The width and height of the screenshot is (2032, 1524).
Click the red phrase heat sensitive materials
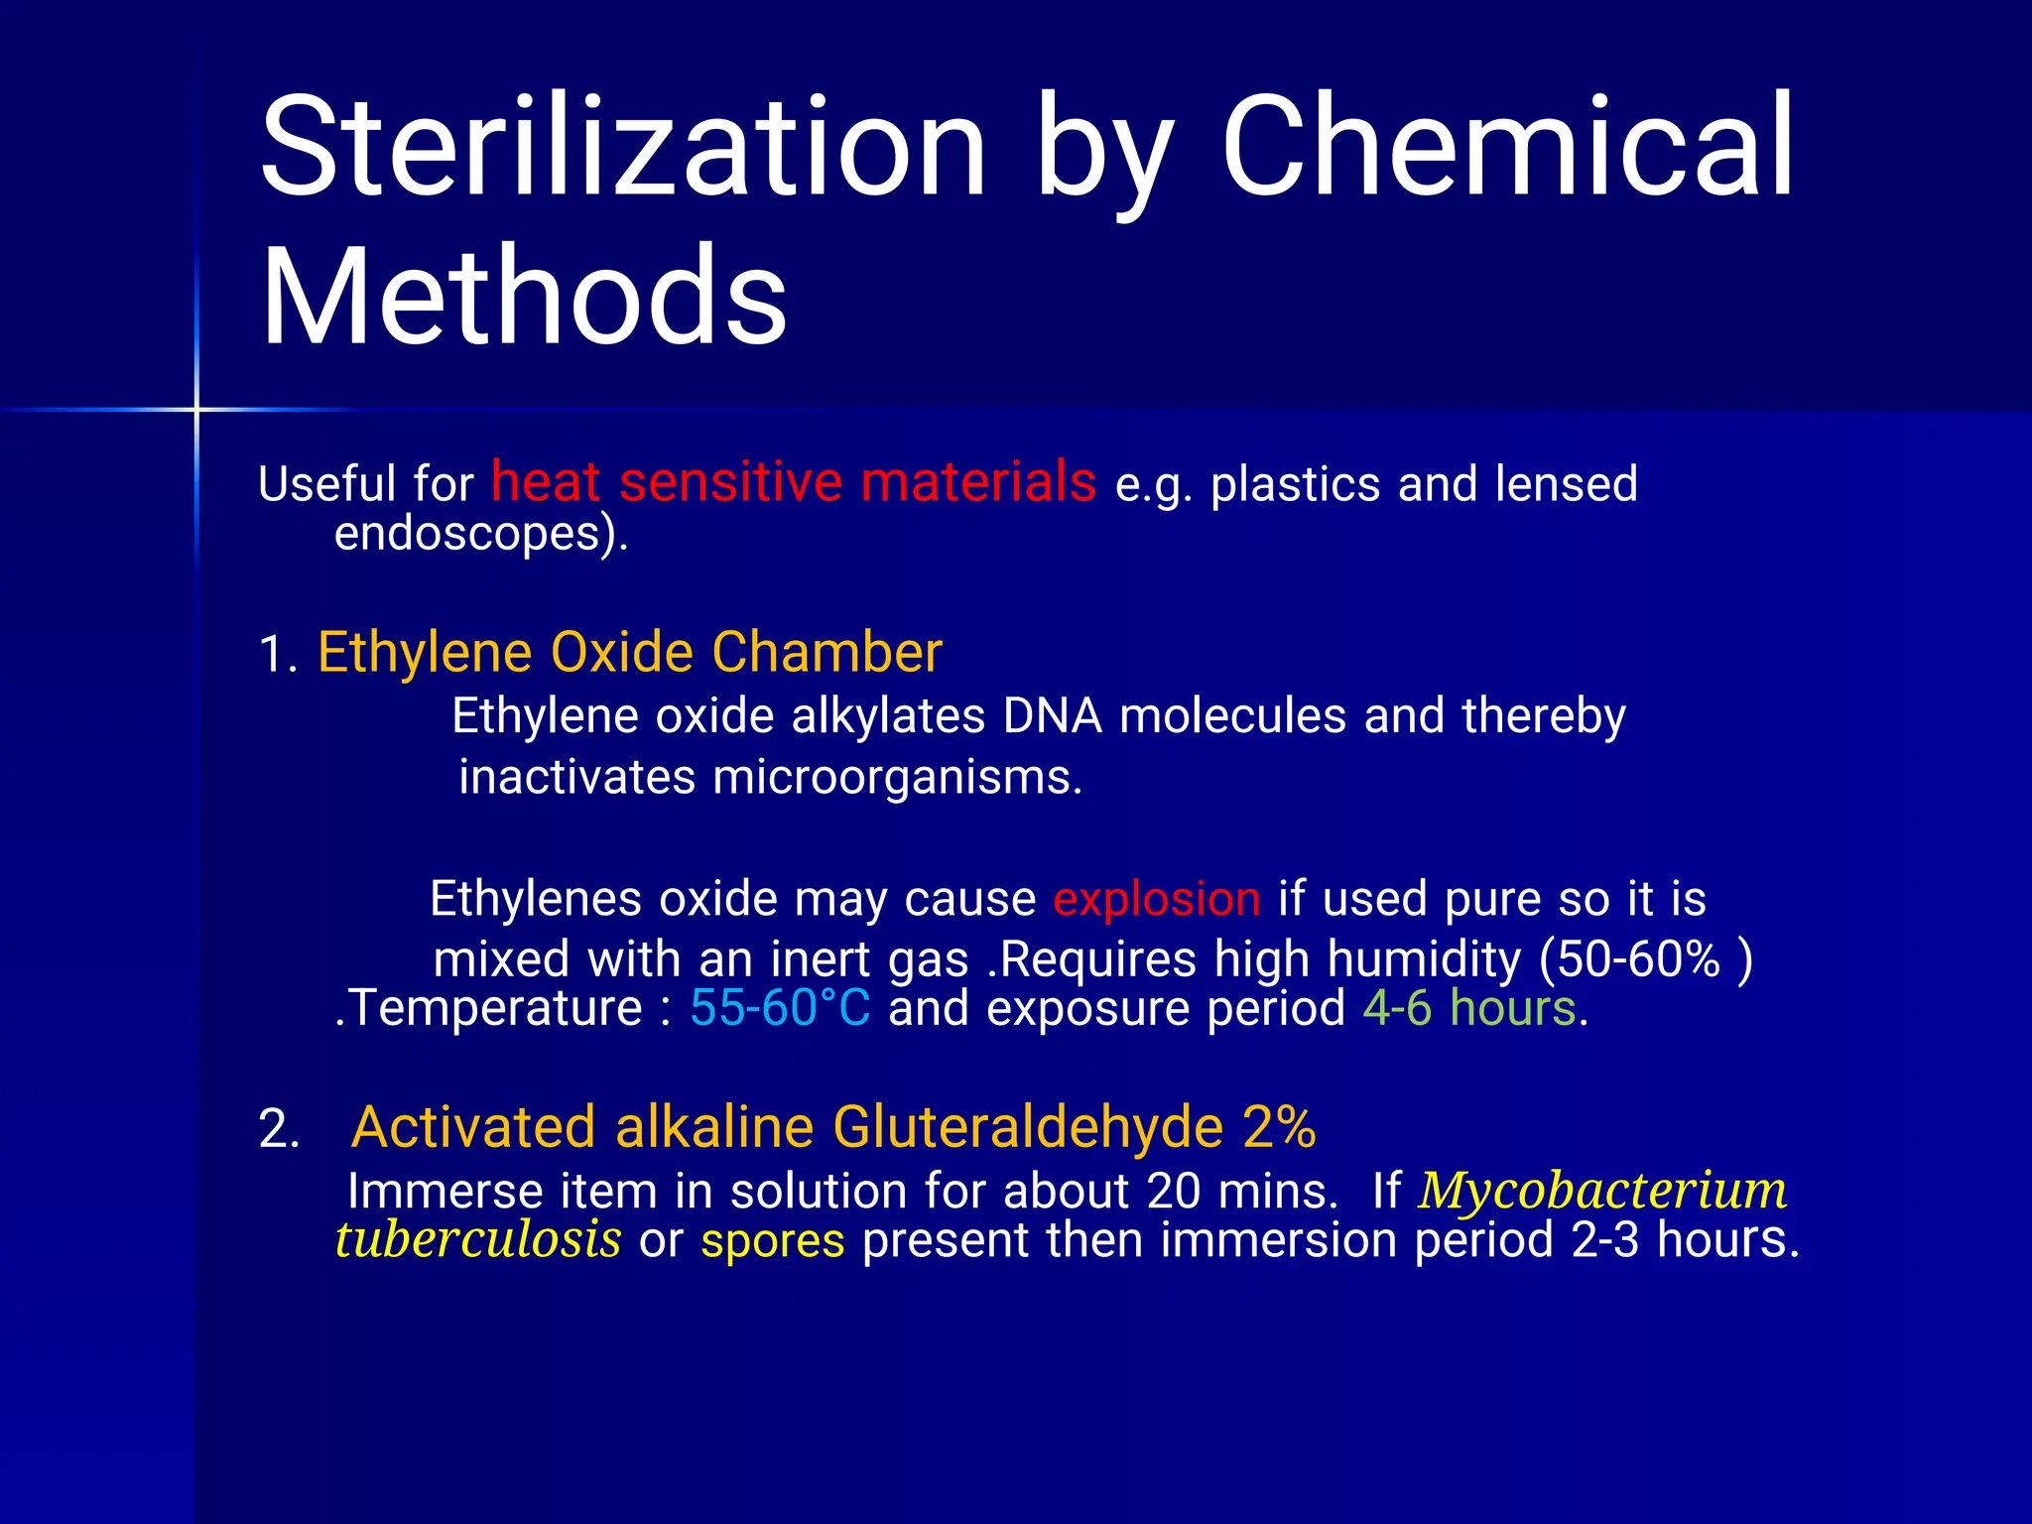(794, 482)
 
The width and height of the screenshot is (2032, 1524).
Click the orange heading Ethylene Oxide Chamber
(629, 653)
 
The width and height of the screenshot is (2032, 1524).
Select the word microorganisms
(897, 777)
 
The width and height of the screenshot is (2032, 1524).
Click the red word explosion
(1157, 899)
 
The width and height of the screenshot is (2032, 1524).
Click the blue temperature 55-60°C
(780, 1008)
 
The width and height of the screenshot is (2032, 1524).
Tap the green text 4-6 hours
(1469, 1008)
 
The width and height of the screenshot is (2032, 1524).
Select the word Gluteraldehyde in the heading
(1028, 1128)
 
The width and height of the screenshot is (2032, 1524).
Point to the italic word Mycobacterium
(1602, 1191)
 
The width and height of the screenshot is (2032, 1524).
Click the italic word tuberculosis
(478, 1240)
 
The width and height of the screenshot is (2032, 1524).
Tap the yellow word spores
(773, 1241)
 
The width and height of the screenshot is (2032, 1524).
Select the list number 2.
(279, 1129)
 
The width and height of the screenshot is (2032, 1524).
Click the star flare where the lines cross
(196, 409)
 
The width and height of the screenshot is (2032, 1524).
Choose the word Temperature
(495, 1008)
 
